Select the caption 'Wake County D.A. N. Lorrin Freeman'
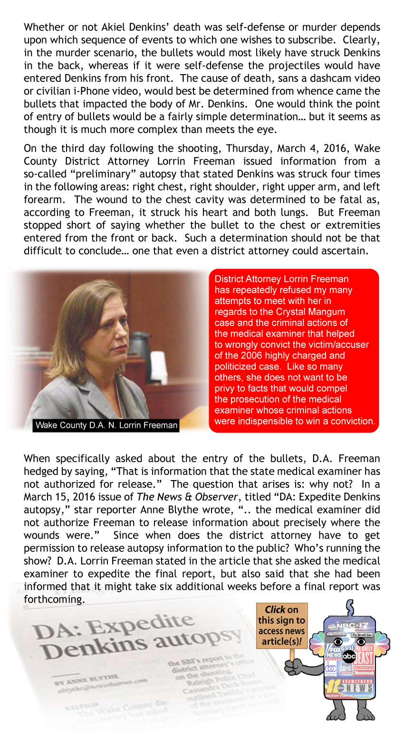[106, 425]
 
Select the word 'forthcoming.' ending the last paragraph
[54, 599]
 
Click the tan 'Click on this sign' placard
[281, 625]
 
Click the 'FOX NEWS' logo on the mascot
[334, 653]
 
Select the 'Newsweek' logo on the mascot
[364, 673]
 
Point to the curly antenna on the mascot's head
[350, 607]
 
